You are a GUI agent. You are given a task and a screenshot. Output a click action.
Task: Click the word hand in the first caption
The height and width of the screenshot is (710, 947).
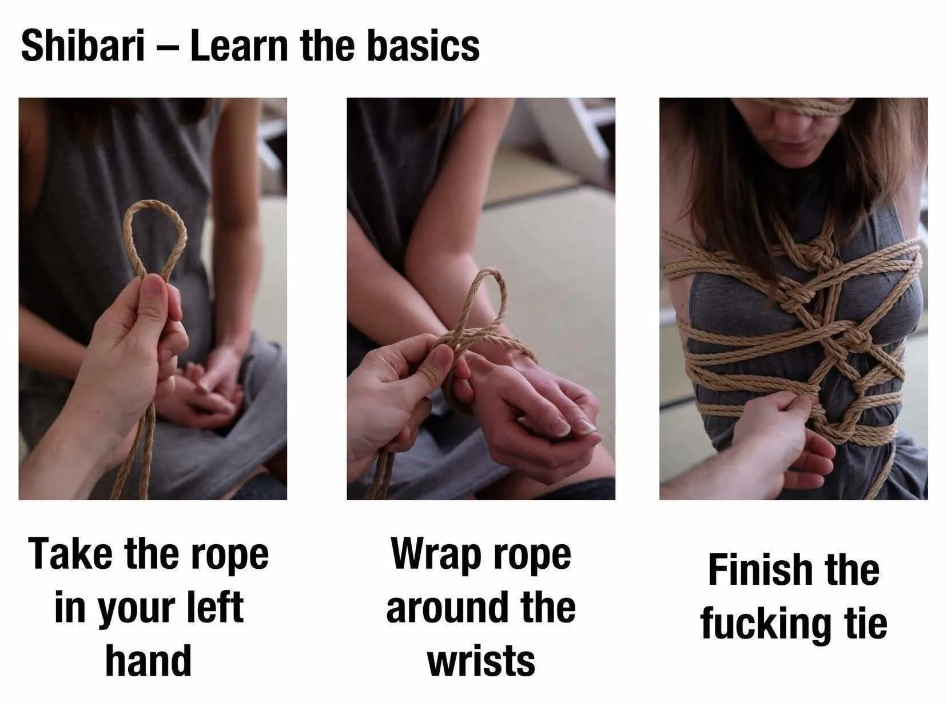(x=148, y=660)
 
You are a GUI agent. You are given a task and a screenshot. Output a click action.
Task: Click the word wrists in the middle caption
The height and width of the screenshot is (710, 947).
(x=481, y=660)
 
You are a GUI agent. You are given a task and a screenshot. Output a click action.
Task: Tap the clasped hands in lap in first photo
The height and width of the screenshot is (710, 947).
(x=203, y=389)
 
